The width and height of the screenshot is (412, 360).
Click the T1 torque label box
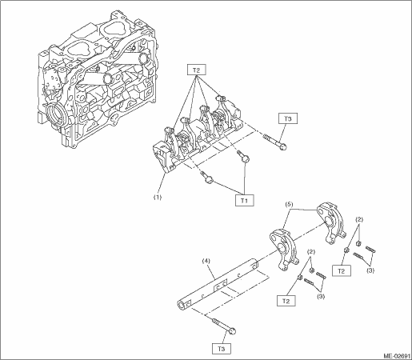(244, 201)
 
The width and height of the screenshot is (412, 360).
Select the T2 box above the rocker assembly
(196, 70)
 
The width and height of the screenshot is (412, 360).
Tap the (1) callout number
(157, 198)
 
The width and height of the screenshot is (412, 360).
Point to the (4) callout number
(206, 260)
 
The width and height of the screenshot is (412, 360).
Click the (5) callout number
(289, 205)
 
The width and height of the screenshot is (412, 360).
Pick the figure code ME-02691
(397, 356)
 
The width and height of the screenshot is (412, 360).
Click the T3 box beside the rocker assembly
(288, 118)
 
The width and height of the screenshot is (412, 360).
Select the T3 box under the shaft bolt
(222, 349)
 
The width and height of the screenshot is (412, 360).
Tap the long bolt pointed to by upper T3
(275, 142)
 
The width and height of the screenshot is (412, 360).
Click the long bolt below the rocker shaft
(224, 326)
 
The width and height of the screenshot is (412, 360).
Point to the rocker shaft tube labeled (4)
(218, 284)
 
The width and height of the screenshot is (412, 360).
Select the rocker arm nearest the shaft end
(283, 248)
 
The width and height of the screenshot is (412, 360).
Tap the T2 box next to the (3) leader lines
(342, 271)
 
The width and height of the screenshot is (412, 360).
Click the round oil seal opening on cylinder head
(55, 115)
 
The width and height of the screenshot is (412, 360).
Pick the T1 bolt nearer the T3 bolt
(244, 156)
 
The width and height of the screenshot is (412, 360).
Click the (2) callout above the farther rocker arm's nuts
(359, 220)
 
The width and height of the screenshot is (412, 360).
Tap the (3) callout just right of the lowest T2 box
(321, 296)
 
